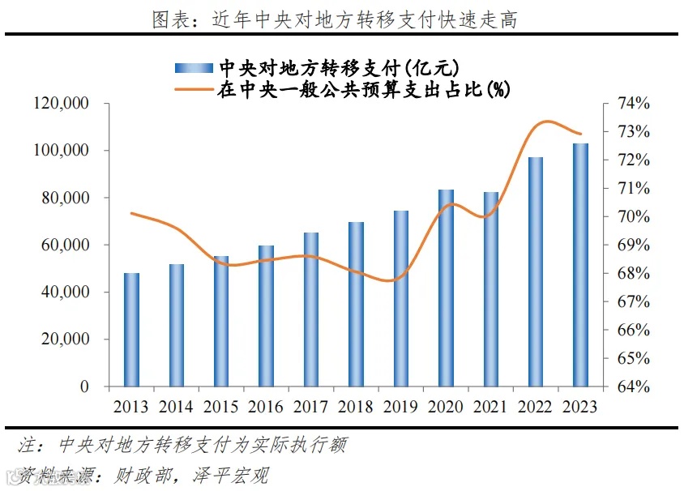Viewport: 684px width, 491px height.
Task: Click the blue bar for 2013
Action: [x=131, y=330]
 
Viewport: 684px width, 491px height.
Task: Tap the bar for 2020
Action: [x=446, y=288]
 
